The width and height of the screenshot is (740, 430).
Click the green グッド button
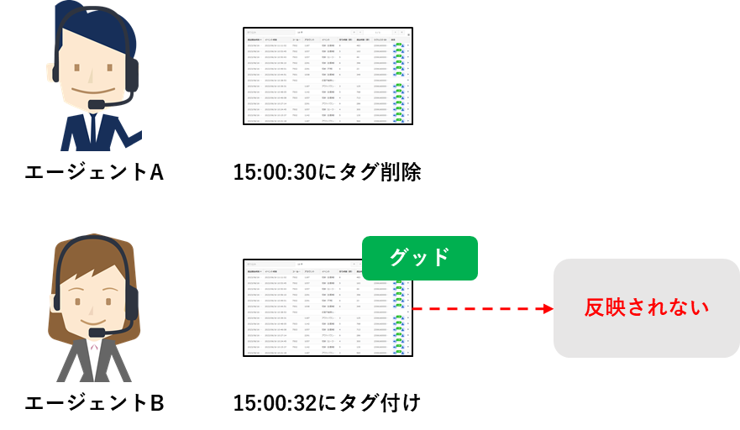pos(419,258)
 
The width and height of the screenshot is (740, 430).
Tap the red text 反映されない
pos(646,307)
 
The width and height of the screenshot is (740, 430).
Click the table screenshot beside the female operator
pos(328,307)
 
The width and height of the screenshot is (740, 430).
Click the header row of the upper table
pos(328,39)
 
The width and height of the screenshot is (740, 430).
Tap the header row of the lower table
pos(328,272)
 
